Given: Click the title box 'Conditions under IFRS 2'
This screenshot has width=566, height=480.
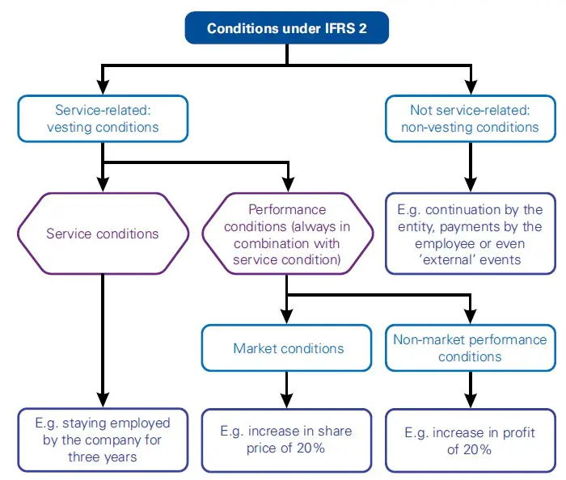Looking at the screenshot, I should coord(287,28).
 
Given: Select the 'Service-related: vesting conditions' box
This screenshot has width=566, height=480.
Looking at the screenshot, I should coord(103,118).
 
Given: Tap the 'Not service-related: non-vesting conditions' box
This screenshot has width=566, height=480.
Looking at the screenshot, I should coord(471,118).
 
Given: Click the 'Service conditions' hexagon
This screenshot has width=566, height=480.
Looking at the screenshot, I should coord(103,234).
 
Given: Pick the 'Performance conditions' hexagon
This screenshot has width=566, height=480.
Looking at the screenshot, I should coord(287,234).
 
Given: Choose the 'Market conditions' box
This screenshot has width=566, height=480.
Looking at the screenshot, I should coord(288,348).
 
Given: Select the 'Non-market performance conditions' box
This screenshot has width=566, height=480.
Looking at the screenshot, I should coord(471,348).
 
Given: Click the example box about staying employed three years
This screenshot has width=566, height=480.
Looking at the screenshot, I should coord(103,440).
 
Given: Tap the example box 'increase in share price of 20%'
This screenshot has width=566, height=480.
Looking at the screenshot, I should coord(287,440).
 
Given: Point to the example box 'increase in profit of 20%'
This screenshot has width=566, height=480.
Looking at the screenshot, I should coord(471,440).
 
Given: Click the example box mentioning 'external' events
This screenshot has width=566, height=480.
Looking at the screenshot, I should coord(471,234).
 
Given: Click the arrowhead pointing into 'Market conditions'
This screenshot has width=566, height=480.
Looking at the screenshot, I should coord(287,318).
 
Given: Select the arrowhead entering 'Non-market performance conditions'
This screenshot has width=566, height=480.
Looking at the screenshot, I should coord(471,318).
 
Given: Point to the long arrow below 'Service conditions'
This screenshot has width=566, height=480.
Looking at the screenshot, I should coord(103,339).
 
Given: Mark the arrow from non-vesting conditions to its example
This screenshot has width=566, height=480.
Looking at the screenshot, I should coord(471,166).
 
